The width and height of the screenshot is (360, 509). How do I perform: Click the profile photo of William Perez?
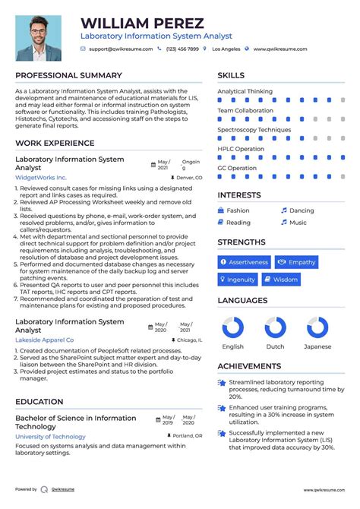[39, 38]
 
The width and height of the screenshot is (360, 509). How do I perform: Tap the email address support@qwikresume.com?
[121, 49]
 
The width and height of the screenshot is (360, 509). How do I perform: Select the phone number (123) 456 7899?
[182, 49]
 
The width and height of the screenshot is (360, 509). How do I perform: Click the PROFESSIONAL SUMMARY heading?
[68, 75]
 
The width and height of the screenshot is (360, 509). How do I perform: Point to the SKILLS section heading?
[231, 75]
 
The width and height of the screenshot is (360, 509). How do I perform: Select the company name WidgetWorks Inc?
[41, 177]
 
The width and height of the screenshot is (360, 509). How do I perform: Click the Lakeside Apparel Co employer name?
[45, 340]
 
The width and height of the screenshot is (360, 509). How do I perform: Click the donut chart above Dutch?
[275, 328]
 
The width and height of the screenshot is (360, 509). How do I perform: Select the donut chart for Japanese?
[317, 328]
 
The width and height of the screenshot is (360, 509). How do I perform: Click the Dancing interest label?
[302, 210]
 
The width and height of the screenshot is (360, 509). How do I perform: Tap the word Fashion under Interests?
[238, 210]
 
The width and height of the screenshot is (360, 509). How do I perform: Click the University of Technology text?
[50, 436]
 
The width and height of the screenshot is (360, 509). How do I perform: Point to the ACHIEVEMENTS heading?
[250, 365]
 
